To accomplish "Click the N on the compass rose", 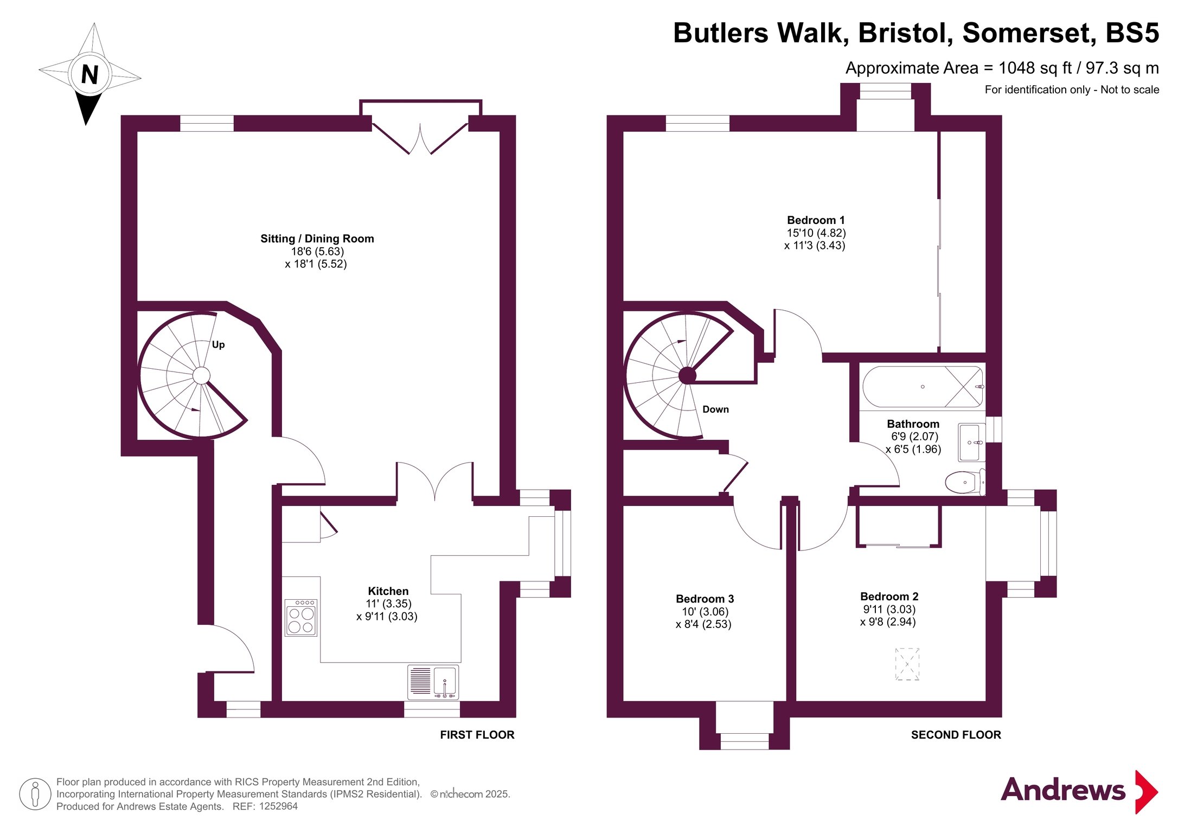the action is (x=90, y=75).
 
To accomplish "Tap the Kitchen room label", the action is (x=388, y=591).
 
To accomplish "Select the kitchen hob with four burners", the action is (x=301, y=618).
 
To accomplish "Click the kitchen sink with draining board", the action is (x=433, y=682).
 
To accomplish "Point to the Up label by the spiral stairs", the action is (x=218, y=344).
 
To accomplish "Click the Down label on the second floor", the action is (x=715, y=409).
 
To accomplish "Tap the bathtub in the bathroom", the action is (x=923, y=387).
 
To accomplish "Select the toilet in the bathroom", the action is (x=965, y=482).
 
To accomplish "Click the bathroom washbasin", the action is (x=971, y=443).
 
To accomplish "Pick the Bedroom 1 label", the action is (x=816, y=220).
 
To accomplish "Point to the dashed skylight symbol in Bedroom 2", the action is (x=907, y=664).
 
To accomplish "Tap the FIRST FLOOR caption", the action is (x=477, y=735).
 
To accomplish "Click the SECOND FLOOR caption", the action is (x=956, y=735).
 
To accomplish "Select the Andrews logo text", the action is (x=1063, y=790).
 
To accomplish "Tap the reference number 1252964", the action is (x=278, y=806).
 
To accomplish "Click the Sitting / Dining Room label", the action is (x=317, y=239).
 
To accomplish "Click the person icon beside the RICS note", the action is (x=35, y=794).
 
